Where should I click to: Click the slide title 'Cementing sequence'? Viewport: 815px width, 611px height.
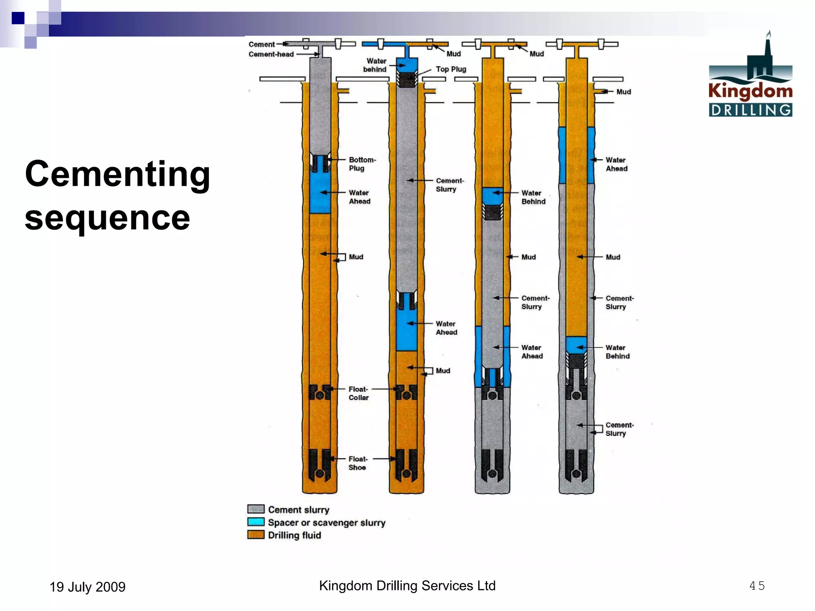(x=117, y=195)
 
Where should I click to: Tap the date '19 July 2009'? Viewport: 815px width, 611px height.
(x=87, y=587)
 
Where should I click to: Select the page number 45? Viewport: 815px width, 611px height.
(x=757, y=586)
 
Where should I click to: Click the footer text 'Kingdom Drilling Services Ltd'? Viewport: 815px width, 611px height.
(x=407, y=586)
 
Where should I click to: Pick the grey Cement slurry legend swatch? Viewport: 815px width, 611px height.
(x=255, y=509)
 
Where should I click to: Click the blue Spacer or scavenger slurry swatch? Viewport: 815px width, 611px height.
(x=255, y=522)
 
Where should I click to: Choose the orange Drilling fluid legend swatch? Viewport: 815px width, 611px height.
(x=255, y=535)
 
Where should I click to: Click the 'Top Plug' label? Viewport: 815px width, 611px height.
(x=451, y=69)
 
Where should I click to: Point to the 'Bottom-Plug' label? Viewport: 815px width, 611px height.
(x=362, y=164)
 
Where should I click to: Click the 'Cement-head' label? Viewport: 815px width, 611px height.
(x=271, y=54)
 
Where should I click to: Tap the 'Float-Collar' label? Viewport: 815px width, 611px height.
(x=358, y=393)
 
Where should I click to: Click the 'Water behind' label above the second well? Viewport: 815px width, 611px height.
(x=375, y=65)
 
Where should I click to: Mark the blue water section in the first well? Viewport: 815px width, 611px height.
(x=320, y=193)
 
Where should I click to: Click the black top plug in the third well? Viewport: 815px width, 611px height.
(x=493, y=212)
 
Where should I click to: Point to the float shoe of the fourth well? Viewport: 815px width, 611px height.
(x=576, y=465)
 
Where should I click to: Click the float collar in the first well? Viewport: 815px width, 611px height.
(x=320, y=393)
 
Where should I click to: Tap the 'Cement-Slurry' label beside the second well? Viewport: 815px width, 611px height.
(x=449, y=185)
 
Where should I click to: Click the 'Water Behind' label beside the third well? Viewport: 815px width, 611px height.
(x=533, y=197)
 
